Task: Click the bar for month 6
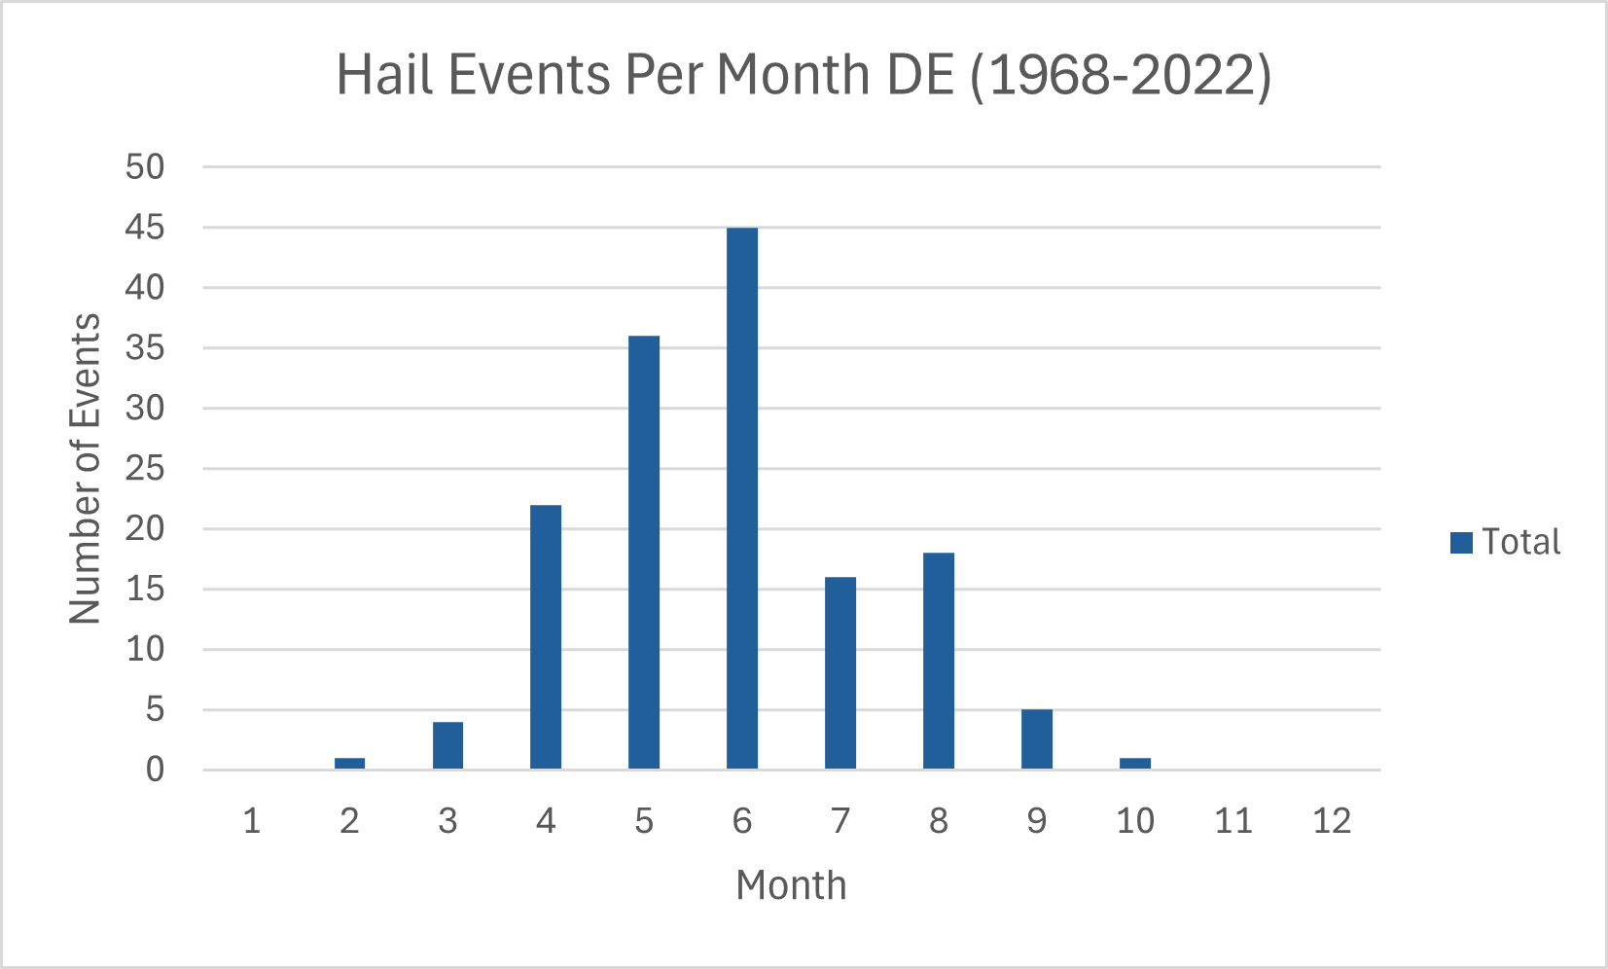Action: coord(741,498)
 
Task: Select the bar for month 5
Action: coord(643,553)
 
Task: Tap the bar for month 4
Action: coord(546,637)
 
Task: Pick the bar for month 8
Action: coord(938,662)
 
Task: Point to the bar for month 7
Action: coord(840,673)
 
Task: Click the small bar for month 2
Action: coord(349,764)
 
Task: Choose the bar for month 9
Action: coord(1036,739)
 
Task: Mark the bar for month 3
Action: coord(447,745)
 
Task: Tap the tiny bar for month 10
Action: coord(1134,764)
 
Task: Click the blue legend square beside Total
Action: coord(1461,543)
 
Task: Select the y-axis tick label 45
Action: coord(145,228)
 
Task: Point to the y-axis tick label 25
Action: coord(145,469)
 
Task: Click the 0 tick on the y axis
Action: coord(156,771)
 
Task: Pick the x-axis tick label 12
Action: coord(1331,822)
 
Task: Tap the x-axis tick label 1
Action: coord(251,822)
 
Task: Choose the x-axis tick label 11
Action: coord(1233,822)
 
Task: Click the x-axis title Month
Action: coord(791,886)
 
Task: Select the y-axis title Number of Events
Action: coord(86,468)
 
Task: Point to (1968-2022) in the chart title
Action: coord(1121,75)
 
